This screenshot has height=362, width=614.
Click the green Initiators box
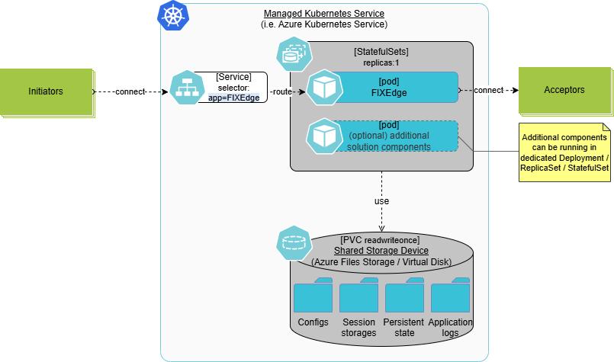[x=46, y=91]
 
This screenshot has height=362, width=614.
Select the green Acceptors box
[x=564, y=90]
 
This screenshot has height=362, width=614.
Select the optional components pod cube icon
[x=322, y=136]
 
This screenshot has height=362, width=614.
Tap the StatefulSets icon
[x=292, y=53]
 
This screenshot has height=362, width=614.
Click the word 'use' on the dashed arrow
[x=381, y=201]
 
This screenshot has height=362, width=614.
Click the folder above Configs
[x=313, y=297]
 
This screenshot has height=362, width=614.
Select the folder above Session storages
[x=358, y=297]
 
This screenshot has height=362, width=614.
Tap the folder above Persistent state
[x=404, y=297]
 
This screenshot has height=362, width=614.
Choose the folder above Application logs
[x=450, y=297]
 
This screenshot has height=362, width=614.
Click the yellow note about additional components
[x=564, y=152]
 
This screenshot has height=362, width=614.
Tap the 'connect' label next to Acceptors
[x=488, y=90]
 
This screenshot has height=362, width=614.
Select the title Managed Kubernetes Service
[x=324, y=14]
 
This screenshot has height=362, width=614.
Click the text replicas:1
[x=381, y=62]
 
